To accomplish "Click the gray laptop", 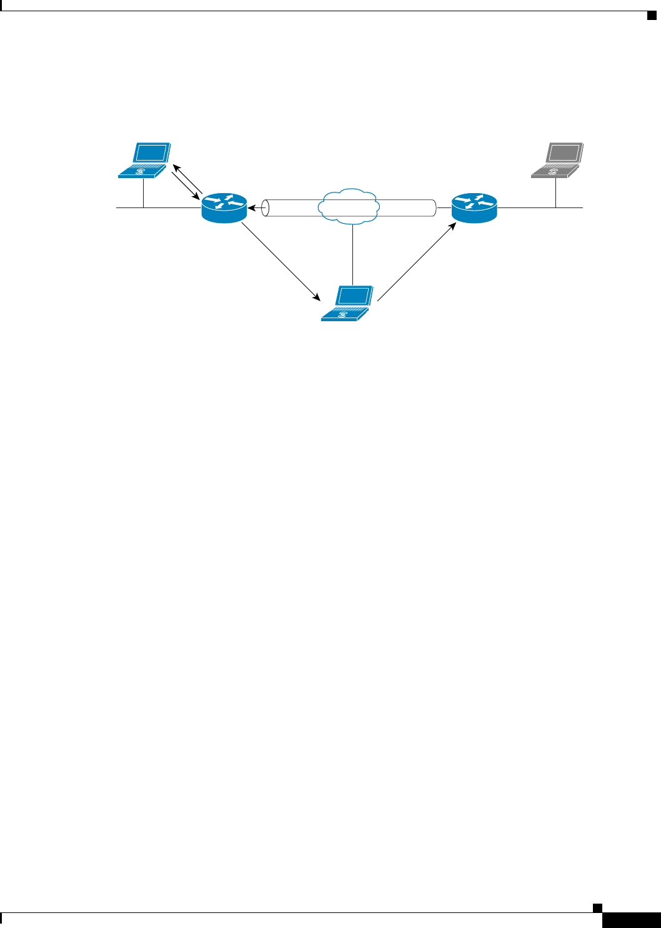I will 557,161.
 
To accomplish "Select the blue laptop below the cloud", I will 347,304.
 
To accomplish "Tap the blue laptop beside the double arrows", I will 145,161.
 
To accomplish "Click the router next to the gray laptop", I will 474,207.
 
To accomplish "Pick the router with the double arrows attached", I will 224,207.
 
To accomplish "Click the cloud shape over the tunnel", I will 349,205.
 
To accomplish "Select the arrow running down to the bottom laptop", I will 279,257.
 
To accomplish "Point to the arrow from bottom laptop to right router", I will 416,263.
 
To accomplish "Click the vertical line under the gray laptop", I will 555,192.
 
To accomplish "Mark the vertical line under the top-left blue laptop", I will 144,192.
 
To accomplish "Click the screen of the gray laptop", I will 565,153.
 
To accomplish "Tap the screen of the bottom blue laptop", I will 354,296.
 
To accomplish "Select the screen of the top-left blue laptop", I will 152,153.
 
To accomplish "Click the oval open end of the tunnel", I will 265,208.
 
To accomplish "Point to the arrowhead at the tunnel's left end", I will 251,208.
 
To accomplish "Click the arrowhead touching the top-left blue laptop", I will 176,167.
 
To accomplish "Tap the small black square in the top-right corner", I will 651,16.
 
